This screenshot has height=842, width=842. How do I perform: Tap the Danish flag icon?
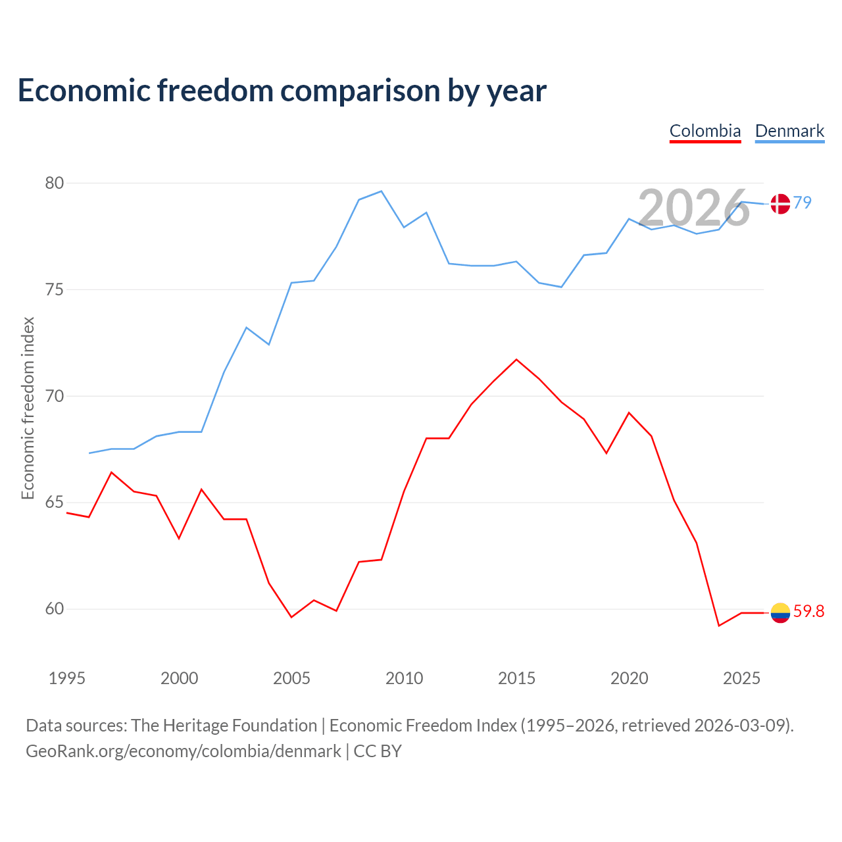pyautogui.click(x=780, y=204)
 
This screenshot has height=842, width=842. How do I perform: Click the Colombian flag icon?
pyautogui.click(x=780, y=612)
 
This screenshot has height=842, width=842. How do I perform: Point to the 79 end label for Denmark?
pyautogui.click(x=803, y=203)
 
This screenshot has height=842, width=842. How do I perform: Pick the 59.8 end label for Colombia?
pyautogui.click(x=809, y=611)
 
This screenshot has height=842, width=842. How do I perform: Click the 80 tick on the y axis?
pyautogui.click(x=55, y=183)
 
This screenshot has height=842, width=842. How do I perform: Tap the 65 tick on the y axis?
pyautogui.click(x=55, y=502)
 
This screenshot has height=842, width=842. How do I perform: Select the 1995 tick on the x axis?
pyautogui.click(x=67, y=678)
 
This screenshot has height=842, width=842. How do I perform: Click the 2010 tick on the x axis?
pyautogui.click(x=404, y=678)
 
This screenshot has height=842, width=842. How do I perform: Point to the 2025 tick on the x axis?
pyautogui.click(x=741, y=678)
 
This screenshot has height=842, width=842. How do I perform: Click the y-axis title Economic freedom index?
pyautogui.click(x=28, y=408)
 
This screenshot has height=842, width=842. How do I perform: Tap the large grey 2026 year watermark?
pyautogui.click(x=694, y=207)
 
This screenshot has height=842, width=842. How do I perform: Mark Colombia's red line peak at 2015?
pyautogui.click(x=516, y=360)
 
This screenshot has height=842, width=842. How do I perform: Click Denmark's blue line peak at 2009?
pyautogui.click(x=382, y=191)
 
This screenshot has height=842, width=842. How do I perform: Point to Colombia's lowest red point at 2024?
pyautogui.click(x=719, y=626)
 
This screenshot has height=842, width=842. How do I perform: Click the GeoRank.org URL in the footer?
pyautogui.click(x=183, y=751)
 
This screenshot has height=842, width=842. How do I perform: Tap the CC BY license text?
pyautogui.click(x=377, y=751)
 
